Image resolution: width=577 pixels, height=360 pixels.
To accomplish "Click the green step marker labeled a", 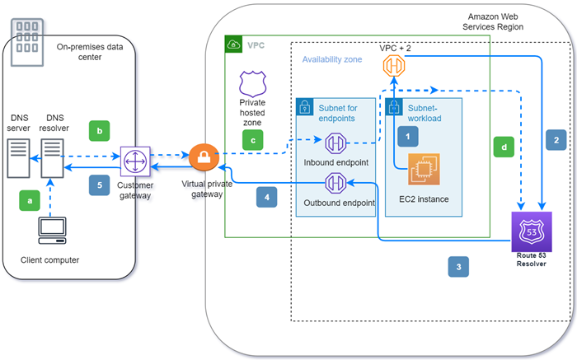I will point(31,199).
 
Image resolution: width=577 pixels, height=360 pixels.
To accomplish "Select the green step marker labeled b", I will point(100,131).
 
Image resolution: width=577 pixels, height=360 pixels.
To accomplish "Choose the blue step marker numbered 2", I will point(556,141).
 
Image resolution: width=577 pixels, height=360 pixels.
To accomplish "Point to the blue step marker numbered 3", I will point(459,266).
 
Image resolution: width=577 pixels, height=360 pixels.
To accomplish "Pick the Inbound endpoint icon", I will point(335,143).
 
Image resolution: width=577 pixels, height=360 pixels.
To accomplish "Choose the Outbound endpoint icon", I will point(335,183).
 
